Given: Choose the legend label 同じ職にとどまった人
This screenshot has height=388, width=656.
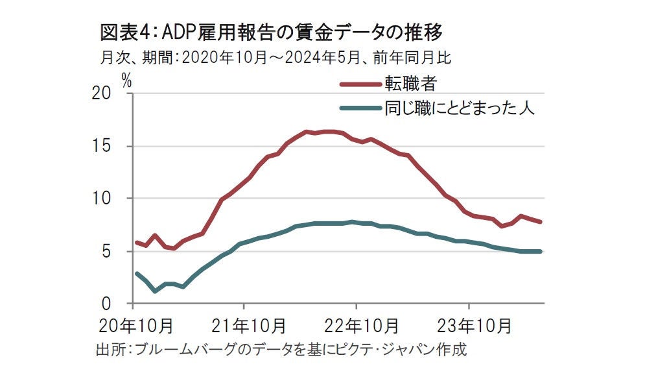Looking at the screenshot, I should coord(459,108).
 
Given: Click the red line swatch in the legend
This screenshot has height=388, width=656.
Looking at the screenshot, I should coord(360,84).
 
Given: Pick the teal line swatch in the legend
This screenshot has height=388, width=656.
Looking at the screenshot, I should coord(360,108).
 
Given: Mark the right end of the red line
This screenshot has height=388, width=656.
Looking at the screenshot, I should coord(541,222).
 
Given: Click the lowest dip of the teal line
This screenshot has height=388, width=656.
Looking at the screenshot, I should coord(155,291).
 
